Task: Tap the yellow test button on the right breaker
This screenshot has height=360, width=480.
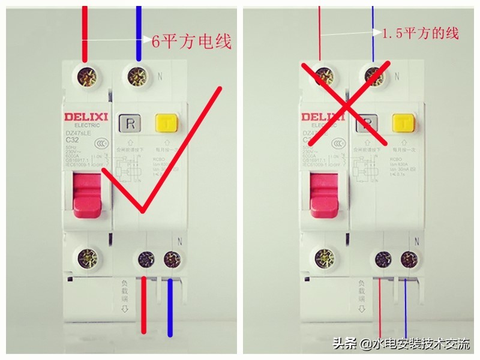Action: pos(400,124)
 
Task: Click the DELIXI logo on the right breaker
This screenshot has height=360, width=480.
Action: pos(321,117)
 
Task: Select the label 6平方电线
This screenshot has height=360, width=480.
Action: pos(191,42)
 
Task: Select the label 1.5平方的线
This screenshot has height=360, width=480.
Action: pos(420,34)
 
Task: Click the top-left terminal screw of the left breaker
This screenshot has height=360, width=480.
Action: pos(86,76)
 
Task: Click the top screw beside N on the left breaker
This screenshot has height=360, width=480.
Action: pos(137,76)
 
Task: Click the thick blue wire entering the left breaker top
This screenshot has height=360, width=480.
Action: pos(139,30)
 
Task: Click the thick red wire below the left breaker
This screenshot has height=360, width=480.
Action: pos(145,306)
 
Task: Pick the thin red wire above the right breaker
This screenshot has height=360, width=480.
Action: pos(320,30)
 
